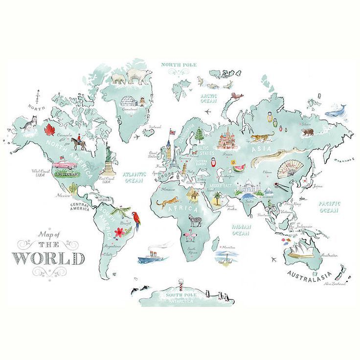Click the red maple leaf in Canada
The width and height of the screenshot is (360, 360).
pos(49,130)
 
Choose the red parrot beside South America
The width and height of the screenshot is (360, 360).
pos(138,221)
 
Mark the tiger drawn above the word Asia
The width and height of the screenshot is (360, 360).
pos(263,137)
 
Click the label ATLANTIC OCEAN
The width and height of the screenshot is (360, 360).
pos(135,177)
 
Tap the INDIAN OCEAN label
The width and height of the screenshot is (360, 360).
pos(241,230)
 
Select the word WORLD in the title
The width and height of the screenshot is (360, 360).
pos(48,258)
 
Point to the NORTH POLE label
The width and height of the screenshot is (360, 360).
pos(178,64)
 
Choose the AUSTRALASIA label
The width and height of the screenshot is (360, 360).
pos(309,273)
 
